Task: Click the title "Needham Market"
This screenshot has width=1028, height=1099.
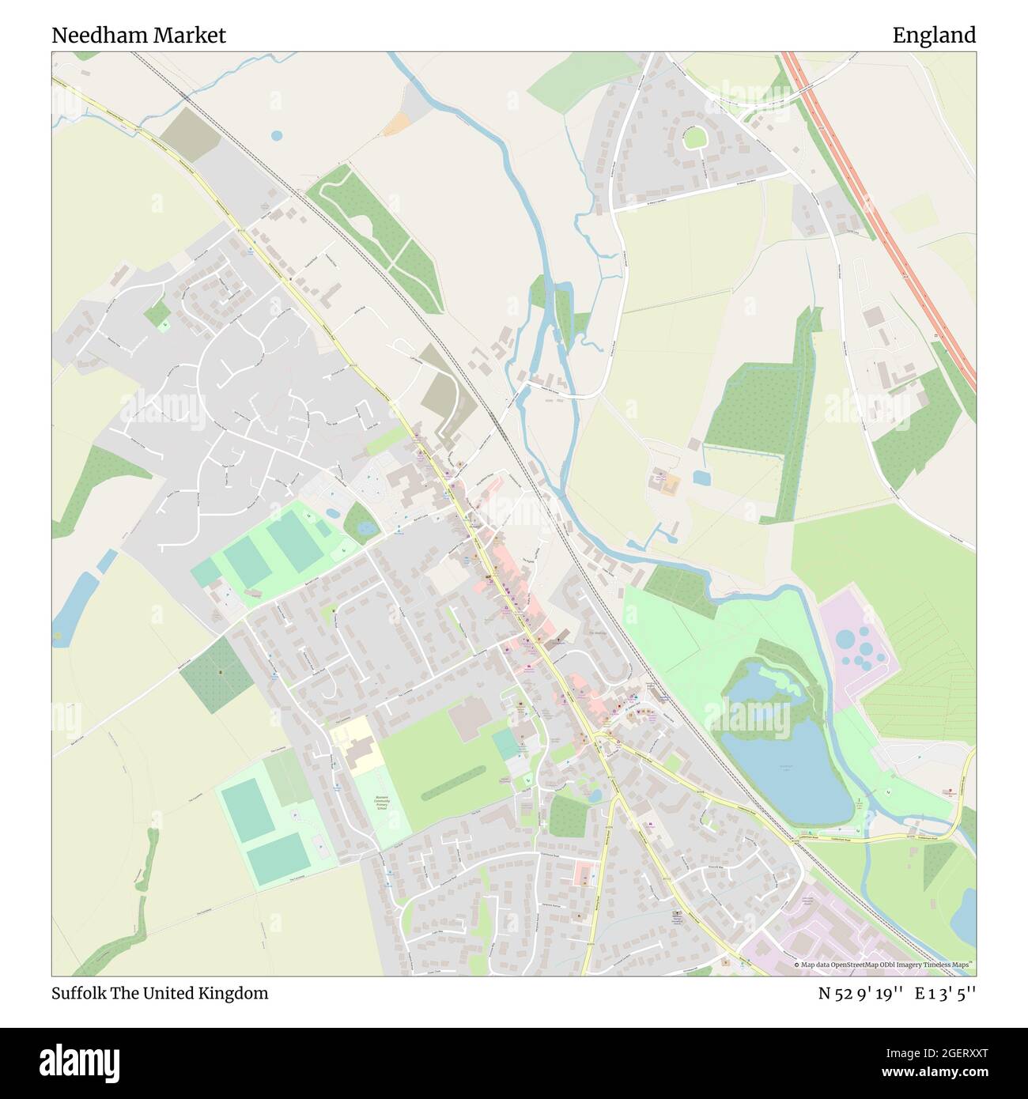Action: point(139,35)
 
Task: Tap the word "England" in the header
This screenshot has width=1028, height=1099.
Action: point(934,35)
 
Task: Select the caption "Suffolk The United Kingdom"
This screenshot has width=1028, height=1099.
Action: point(160,993)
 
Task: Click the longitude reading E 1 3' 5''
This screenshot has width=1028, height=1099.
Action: point(945,993)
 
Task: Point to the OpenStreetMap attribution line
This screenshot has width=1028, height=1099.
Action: point(884,965)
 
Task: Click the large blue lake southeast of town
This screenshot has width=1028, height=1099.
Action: point(783,767)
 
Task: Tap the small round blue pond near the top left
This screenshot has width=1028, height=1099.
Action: point(276,136)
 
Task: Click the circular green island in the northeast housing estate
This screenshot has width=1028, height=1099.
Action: point(694,138)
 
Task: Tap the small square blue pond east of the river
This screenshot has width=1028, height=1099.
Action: point(701,477)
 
